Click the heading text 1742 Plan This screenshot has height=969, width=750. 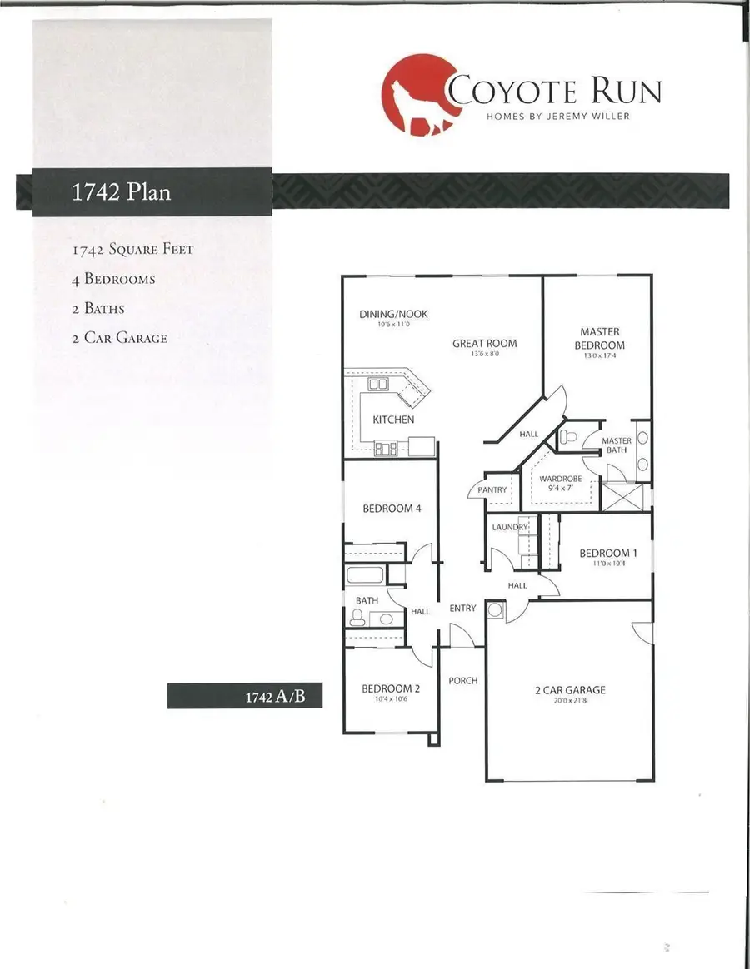tap(122, 191)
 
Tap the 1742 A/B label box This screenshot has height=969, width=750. tap(244, 696)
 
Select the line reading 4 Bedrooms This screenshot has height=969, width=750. tap(113, 279)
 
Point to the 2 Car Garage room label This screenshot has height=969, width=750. tap(570, 690)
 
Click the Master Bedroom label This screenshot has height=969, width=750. tap(600, 339)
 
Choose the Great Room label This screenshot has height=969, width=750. tap(485, 343)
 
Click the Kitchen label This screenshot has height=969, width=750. tap(393, 420)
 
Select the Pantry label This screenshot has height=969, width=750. tap(492, 490)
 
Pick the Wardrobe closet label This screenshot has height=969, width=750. tap(560, 480)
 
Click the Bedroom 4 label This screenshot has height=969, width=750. tap(387, 509)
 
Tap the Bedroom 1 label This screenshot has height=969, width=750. tap(604, 554)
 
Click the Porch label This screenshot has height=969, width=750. tap(463, 680)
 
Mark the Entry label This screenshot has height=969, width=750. tap(462, 609)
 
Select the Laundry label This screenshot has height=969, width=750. tap(510, 528)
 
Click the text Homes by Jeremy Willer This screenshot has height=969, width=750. tap(558, 116)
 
